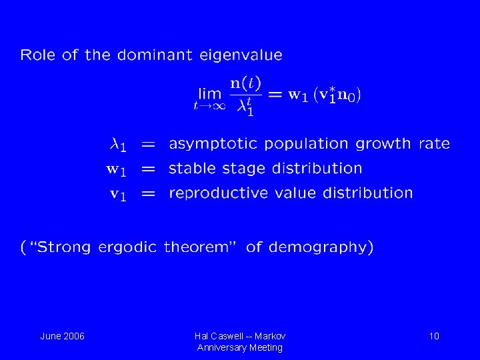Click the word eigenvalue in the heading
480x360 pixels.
click(241, 55)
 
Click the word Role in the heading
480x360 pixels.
click(39, 55)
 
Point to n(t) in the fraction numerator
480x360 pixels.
click(245, 84)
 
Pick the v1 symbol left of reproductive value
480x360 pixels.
click(117, 194)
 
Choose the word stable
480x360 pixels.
click(192, 169)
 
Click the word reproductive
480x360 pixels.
click(218, 193)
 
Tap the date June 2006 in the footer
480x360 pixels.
click(62, 336)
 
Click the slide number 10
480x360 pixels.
click(434, 336)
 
